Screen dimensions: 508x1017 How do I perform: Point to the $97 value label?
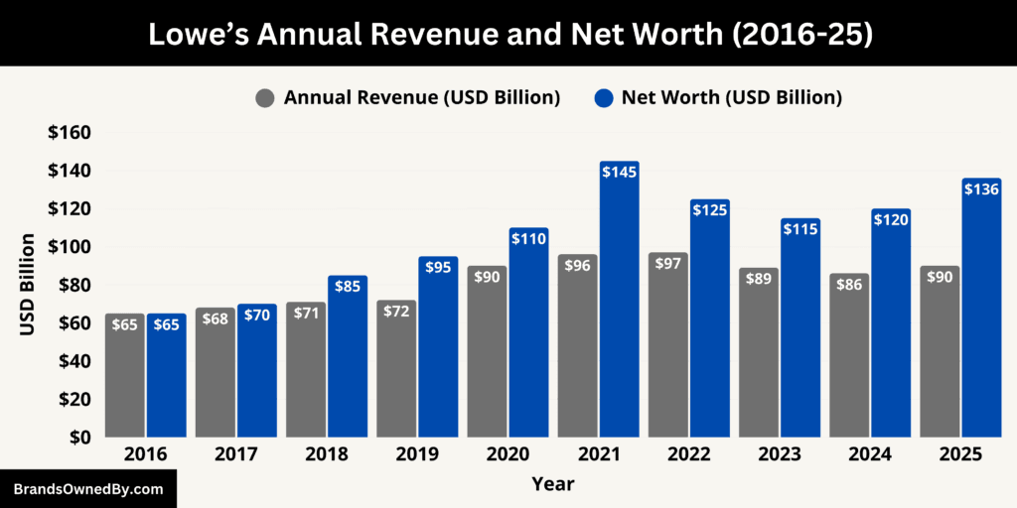click(x=667, y=265)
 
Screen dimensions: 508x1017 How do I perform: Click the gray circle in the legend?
click(x=265, y=97)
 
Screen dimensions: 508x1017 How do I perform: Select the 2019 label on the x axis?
click(x=417, y=454)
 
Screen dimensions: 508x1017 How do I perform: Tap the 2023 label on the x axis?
click(x=779, y=454)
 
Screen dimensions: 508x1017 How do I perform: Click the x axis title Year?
click(x=552, y=484)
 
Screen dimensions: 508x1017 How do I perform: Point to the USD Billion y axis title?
click(x=28, y=285)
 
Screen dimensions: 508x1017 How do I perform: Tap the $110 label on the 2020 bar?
click(x=528, y=239)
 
